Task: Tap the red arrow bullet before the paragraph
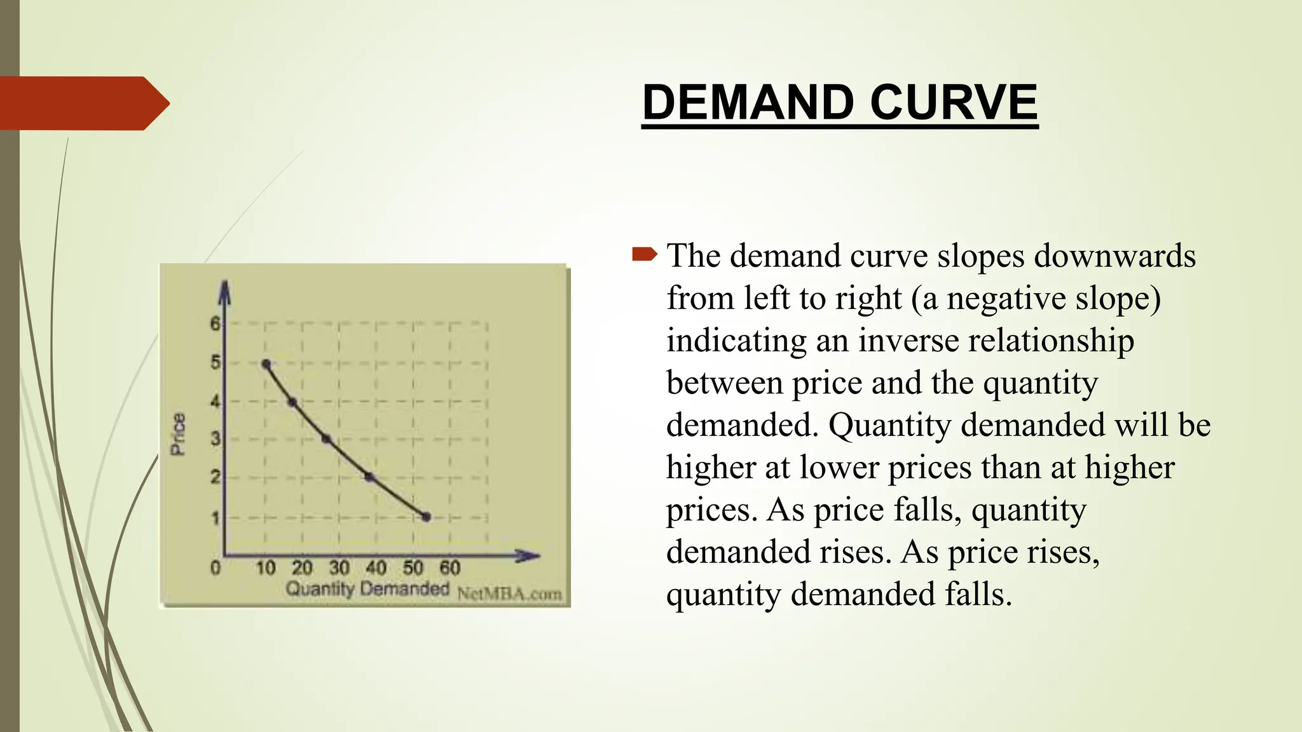[x=644, y=255]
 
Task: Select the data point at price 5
[x=266, y=364]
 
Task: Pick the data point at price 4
[x=292, y=402]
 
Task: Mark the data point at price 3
[x=326, y=439]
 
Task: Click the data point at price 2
[x=369, y=477]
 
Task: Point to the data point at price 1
[x=427, y=517]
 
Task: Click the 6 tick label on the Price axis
[x=216, y=324]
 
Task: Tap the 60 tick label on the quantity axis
[x=449, y=567]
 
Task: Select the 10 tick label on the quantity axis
[x=266, y=567]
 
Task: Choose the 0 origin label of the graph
[x=216, y=567]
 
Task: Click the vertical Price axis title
[x=179, y=434]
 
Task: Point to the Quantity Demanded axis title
[x=367, y=589]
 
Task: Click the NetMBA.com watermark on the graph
[x=509, y=594]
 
